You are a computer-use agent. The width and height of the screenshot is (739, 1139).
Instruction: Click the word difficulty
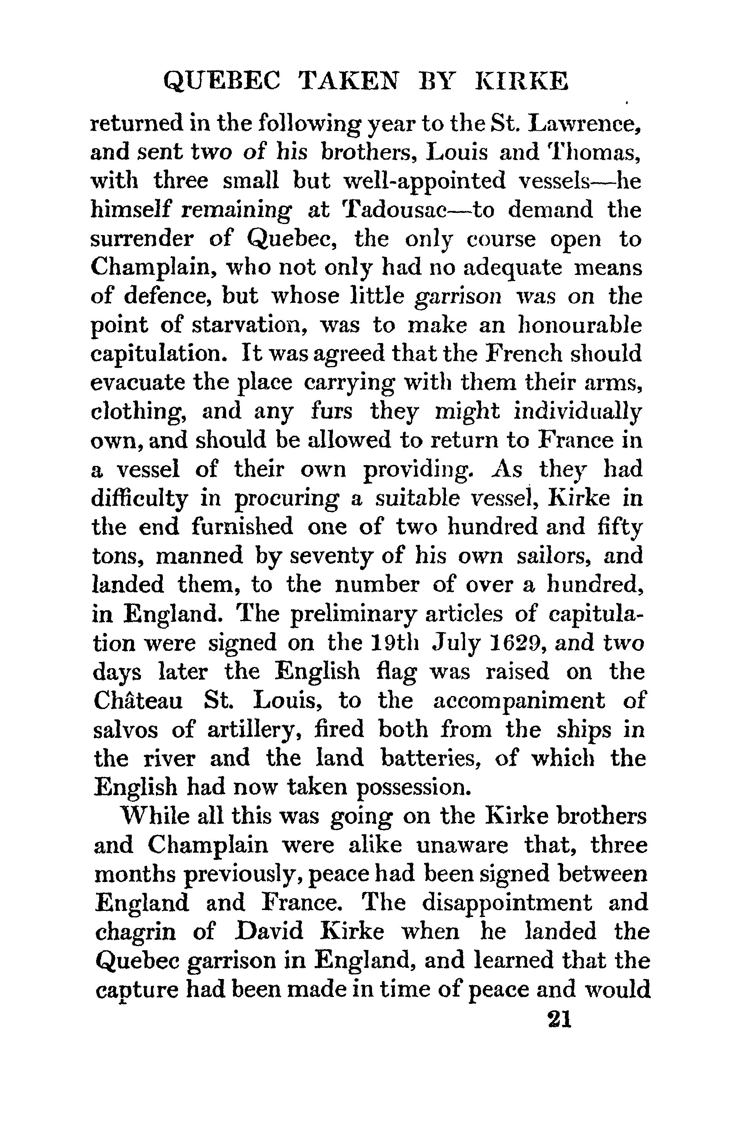(x=139, y=498)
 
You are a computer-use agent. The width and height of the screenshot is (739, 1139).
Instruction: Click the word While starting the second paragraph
(x=157, y=815)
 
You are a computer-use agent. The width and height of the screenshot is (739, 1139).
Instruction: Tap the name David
(x=270, y=931)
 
